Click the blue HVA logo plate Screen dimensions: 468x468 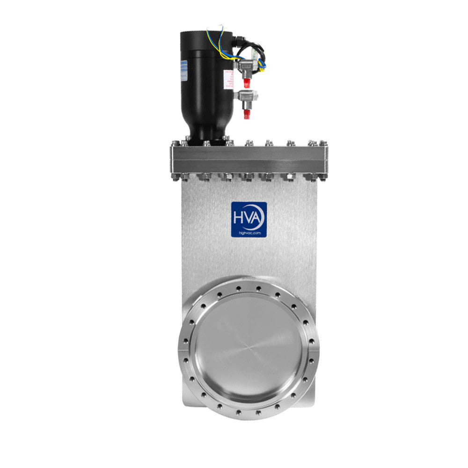[249, 219]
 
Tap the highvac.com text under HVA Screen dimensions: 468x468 [249, 232]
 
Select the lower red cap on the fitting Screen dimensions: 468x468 [247, 114]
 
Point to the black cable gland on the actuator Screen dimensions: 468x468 [239, 44]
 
